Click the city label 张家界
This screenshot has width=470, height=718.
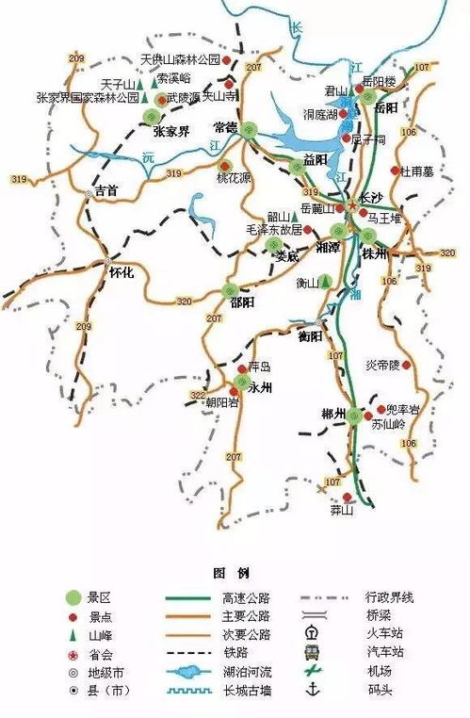(x=170, y=132)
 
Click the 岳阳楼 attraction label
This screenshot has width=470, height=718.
(x=381, y=82)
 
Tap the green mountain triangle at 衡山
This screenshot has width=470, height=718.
(x=325, y=281)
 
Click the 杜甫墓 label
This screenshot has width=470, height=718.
(x=416, y=171)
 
